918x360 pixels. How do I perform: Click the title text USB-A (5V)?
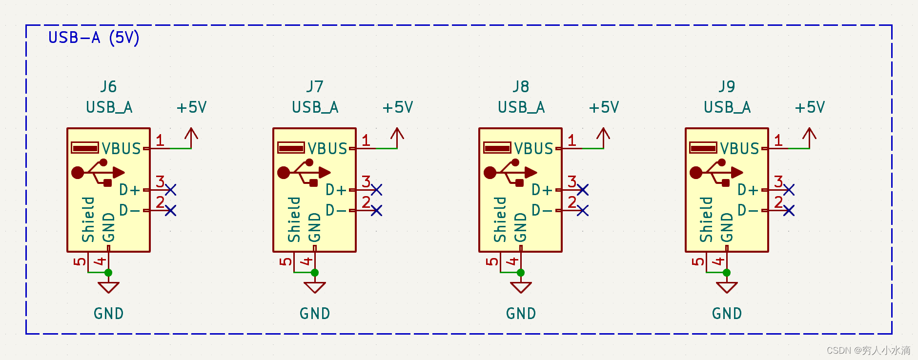[94, 38]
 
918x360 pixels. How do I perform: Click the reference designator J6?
[108, 87]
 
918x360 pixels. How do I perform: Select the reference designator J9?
[727, 87]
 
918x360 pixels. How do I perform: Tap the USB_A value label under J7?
[315, 107]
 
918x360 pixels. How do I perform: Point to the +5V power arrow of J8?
[603, 137]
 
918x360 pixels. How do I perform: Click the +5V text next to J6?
[192, 107]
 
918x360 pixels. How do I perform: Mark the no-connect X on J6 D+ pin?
[170, 190]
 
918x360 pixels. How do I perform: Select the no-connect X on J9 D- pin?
[789, 210]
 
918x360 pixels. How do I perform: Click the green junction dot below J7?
[315, 273]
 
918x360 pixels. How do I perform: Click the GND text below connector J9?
[727, 314]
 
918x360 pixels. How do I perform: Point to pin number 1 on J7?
[366, 141]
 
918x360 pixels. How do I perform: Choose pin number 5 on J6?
[80, 261]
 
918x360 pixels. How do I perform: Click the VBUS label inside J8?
[533, 148]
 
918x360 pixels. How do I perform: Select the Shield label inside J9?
[706, 220]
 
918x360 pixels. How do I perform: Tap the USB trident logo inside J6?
[98, 172]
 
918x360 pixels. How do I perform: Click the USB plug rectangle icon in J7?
[291, 148]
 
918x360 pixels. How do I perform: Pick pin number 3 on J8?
[572, 182]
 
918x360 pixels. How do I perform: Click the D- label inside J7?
[336, 210]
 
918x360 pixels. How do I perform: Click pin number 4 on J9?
[717, 261]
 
